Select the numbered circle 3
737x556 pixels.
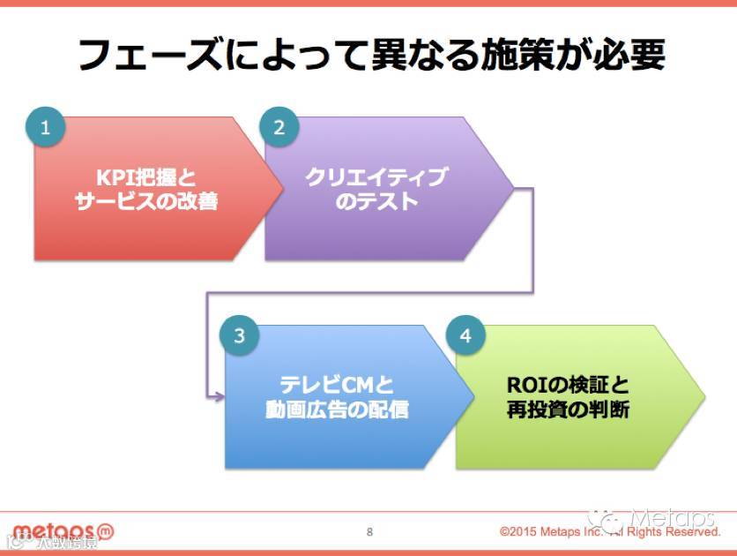[x=239, y=335]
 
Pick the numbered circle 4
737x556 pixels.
[x=465, y=335]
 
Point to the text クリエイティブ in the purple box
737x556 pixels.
[x=376, y=177]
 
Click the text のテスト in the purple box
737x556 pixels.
[x=376, y=202]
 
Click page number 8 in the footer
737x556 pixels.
[x=369, y=531]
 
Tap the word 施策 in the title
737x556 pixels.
[x=489, y=55]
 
